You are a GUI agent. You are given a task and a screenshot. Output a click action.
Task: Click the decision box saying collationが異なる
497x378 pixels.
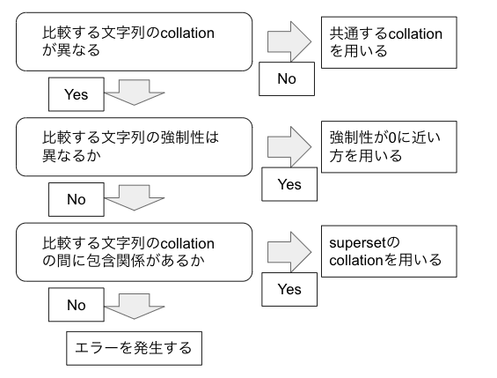132,43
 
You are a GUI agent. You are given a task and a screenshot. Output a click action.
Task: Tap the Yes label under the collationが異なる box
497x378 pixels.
77,93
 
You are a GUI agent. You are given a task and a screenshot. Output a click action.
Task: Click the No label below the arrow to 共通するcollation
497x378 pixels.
288,79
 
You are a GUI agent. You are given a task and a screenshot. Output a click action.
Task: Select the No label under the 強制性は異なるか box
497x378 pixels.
77,198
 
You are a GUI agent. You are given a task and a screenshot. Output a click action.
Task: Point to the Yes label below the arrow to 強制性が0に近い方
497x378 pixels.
289,184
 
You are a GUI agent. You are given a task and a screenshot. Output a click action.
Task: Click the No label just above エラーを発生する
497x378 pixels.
77,305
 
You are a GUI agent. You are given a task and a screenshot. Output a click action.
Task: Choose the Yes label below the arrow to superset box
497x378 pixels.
289,289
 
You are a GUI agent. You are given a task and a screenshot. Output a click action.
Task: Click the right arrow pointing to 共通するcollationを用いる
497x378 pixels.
289,41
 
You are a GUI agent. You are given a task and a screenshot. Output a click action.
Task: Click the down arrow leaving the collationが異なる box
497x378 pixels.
135,92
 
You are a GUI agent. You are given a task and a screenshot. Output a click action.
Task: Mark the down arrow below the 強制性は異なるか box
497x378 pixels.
135,197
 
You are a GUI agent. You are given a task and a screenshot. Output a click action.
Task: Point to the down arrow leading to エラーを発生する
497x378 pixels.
135,305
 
